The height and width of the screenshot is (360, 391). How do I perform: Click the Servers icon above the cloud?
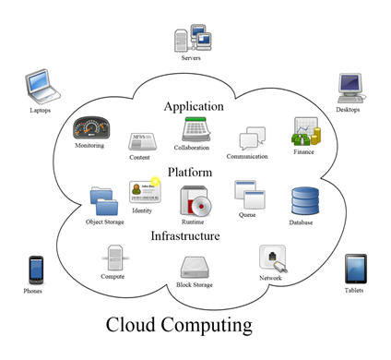click(192, 38)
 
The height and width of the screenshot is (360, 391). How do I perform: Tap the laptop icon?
click(40, 89)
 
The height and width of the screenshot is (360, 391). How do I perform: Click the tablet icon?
click(355, 270)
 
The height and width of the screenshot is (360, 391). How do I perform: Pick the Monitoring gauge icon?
click(91, 127)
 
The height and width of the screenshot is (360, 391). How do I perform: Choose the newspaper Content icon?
click(140, 140)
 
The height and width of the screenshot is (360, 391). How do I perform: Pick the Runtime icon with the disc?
click(195, 200)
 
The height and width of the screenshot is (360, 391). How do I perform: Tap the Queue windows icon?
click(248, 195)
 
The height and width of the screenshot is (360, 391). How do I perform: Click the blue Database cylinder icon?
click(303, 200)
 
